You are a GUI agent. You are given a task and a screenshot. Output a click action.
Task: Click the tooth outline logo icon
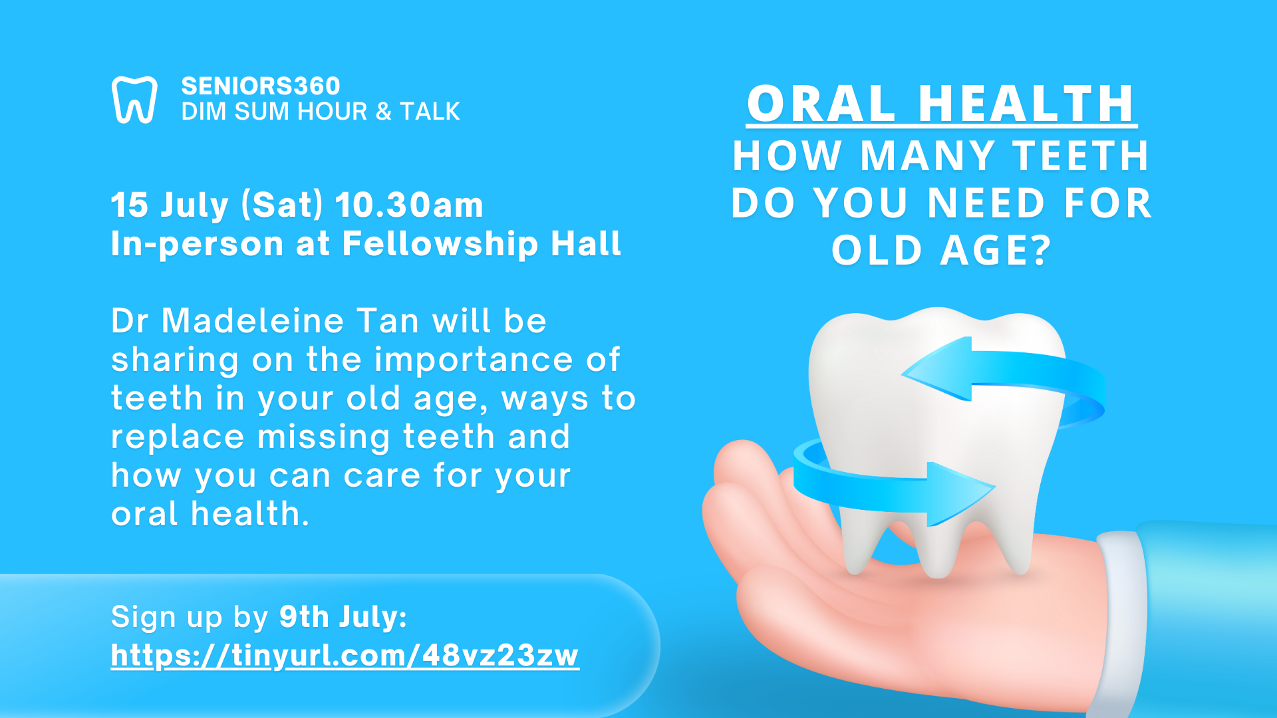(134, 100)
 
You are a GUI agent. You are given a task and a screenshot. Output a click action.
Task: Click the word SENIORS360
(261, 86)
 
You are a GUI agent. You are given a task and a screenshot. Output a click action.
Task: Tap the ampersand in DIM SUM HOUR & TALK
(384, 111)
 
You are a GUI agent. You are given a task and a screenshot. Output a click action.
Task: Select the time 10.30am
(409, 205)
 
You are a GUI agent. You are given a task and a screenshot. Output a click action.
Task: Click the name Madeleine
(291, 320)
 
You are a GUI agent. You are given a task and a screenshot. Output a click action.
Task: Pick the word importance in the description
(474, 360)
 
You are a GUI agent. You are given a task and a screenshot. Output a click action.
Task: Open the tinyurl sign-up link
(345, 656)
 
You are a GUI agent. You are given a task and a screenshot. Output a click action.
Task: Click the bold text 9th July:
(343, 617)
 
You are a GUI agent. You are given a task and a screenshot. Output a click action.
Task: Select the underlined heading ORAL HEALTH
(941, 104)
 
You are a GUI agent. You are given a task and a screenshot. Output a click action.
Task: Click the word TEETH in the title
(1081, 156)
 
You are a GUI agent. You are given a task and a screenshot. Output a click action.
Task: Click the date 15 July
(170, 205)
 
